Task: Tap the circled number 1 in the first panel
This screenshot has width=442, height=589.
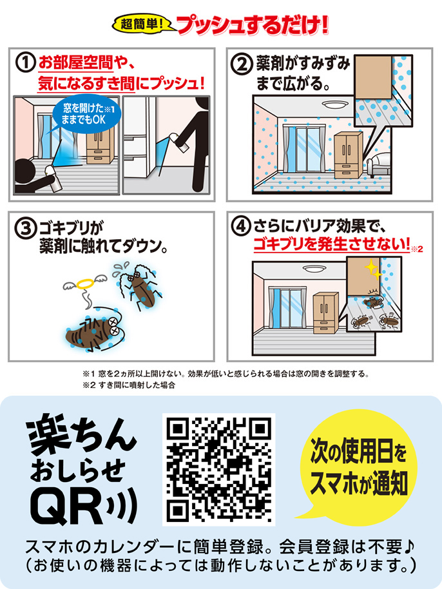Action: pyautogui.click(x=25, y=63)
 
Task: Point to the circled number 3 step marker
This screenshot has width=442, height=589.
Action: pyautogui.click(x=24, y=227)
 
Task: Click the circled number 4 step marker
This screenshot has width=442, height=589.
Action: pyautogui.click(x=241, y=227)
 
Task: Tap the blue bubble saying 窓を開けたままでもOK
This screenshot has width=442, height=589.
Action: pyautogui.click(x=86, y=115)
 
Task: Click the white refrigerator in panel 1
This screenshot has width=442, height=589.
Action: pyautogui.click(x=139, y=143)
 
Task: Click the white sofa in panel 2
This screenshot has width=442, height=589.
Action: pyautogui.click(x=378, y=166)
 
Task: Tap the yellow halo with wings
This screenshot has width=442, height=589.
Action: pyautogui.click(x=86, y=282)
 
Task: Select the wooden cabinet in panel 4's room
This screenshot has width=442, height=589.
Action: pyautogui.click(x=325, y=313)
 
